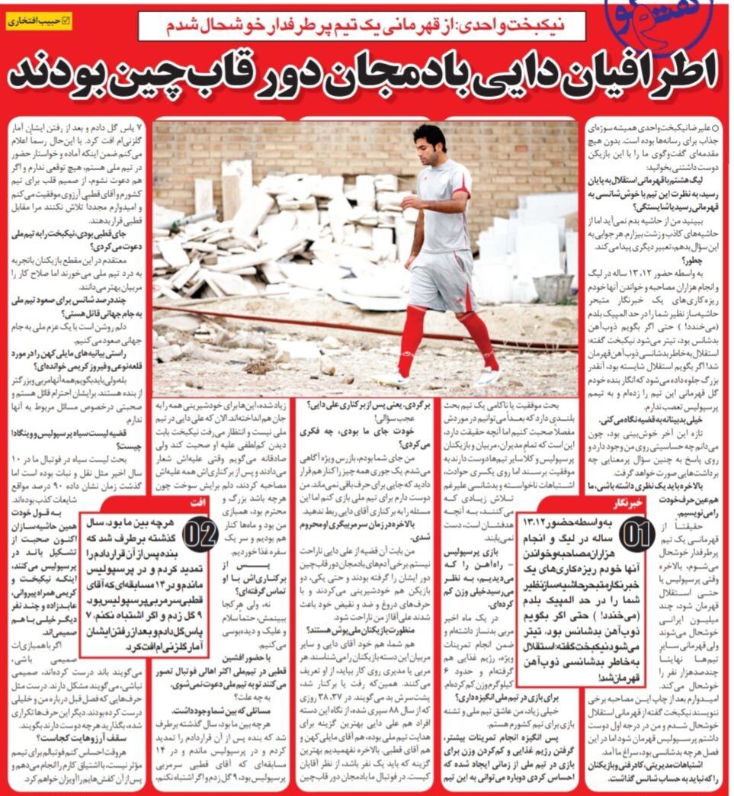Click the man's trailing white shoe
point(488,377)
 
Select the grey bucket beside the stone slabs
point(553,287)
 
